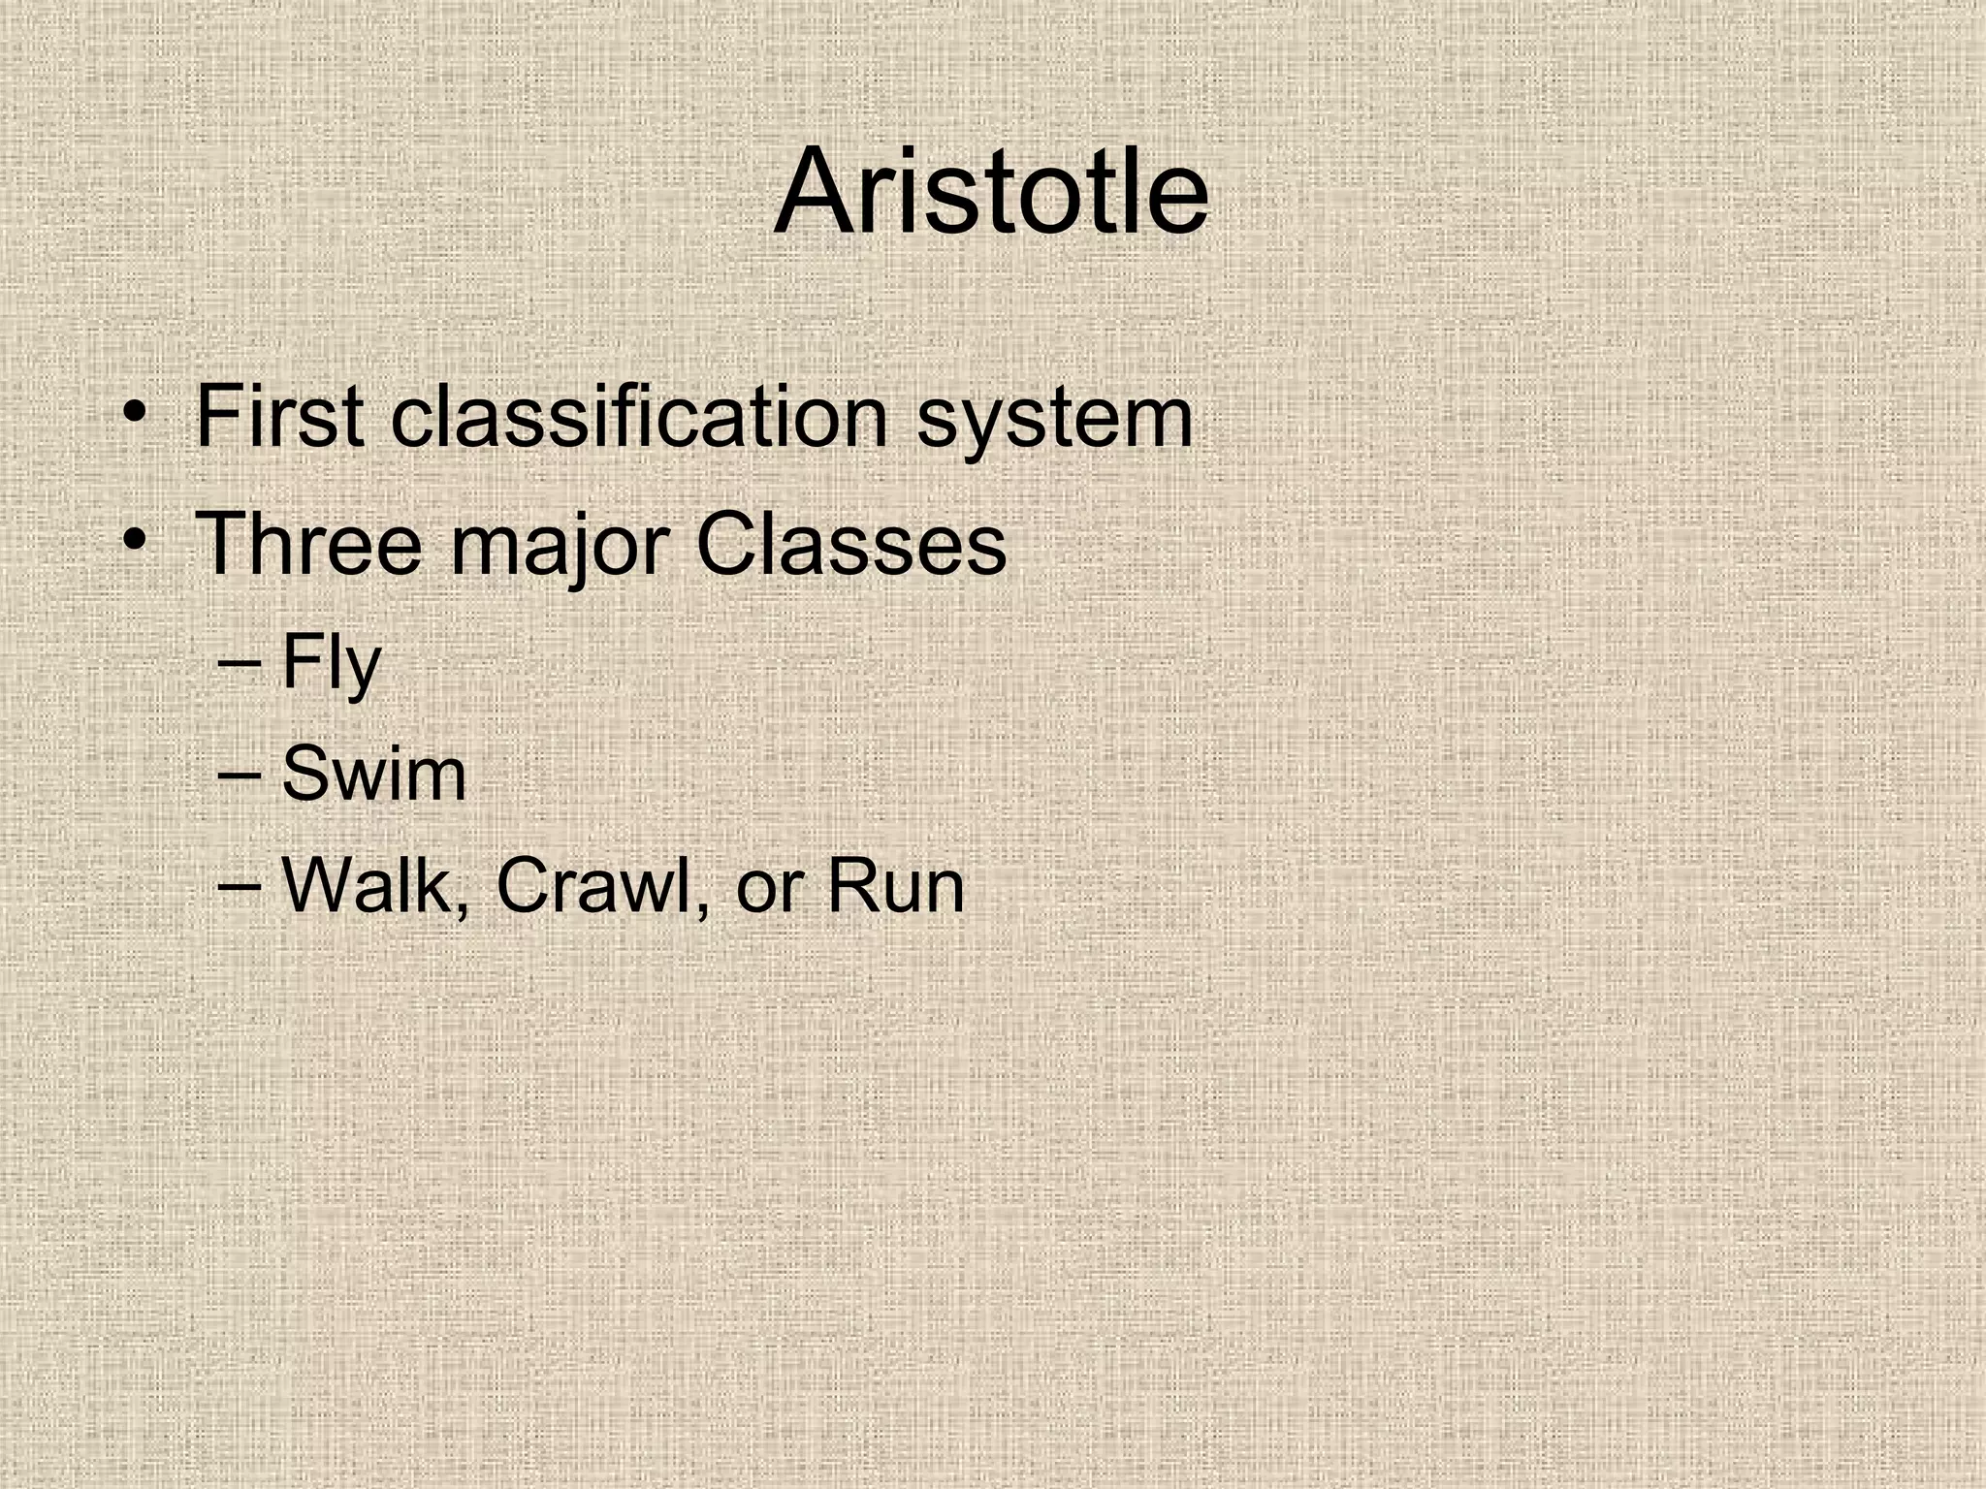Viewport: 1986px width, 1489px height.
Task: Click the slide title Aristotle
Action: click(991, 191)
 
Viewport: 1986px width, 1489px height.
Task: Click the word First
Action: click(279, 417)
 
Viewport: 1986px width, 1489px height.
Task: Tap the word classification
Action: click(640, 417)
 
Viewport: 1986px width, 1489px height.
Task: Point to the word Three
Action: click(308, 544)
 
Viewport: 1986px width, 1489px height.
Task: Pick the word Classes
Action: click(850, 544)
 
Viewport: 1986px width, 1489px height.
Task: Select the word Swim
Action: click(373, 775)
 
